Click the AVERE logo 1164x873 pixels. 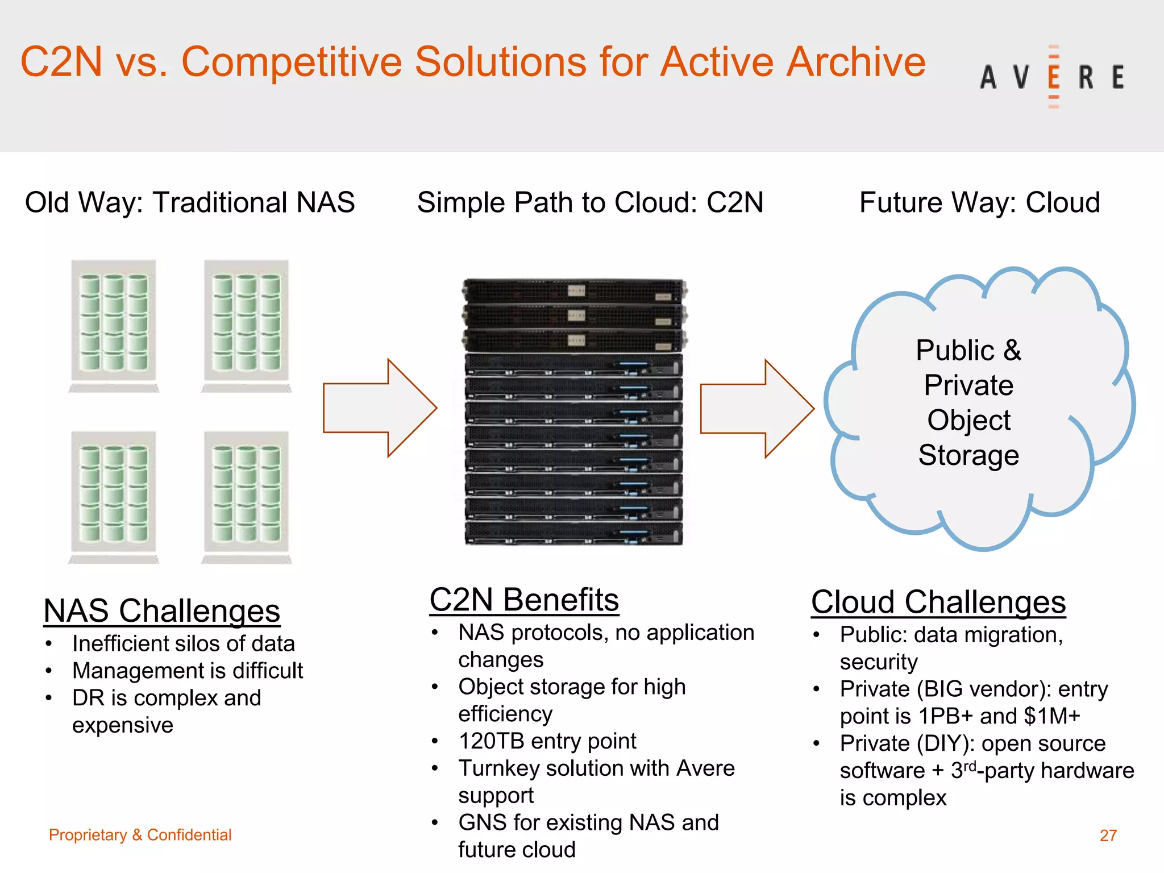(1052, 77)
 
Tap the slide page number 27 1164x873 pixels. (1108, 835)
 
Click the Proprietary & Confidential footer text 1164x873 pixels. (140, 834)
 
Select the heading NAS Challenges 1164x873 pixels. (161, 610)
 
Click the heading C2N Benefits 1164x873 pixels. (524, 600)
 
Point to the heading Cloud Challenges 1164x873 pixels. (938, 602)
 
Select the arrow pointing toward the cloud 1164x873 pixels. (756, 408)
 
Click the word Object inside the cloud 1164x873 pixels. (968, 420)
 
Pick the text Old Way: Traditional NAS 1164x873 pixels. (190, 202)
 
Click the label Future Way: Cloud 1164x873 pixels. (979, 202)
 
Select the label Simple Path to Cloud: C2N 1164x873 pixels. (590, 202)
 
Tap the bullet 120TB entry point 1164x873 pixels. (547, 741)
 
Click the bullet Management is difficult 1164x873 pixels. (188, 671)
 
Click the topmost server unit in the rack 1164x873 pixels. (574, 291)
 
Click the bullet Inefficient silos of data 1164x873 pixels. (183, 643)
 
